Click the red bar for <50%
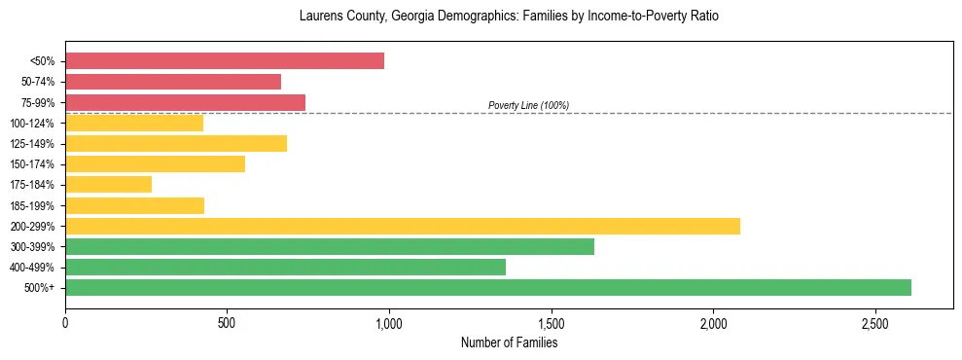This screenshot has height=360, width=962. pyautogui.click(x=224, y=61)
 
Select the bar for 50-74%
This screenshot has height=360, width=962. pyautogui.click(x=173, y=82)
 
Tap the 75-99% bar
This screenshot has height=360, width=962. pyautogui.click(x=185, y=102)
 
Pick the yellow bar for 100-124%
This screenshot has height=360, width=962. pyautogui.click(x=134, y=123)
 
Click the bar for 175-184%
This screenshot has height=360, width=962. pyautogui.click(x=108, y=184)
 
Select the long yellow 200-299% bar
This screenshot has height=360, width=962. pyautogui.click(x=403, y=226)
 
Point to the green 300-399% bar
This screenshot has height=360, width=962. pyautogui.click(x=330, y=246)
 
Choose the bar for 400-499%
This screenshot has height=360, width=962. pyautogui.click(x=285, y=267)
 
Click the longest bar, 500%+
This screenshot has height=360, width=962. pyautogui.click(x=488, y=287)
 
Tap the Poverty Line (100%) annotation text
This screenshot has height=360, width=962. pyautogui.click(x=528, y=105)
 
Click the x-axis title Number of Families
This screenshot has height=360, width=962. pyautogui.click(x=509, y=342)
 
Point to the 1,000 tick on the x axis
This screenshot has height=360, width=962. pyautogui.click(x=389, y=323)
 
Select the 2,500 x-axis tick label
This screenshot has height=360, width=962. pyautogui.click(x=874, y=323)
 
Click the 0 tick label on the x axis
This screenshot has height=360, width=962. pyautogui.click(x=65, y=323)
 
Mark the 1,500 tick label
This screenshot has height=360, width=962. pyautogui.click(x=551, y=323)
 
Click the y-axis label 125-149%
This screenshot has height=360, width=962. pyautogui.click(x=32, y=144)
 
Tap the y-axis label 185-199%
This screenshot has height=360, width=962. pyautogui.click(x=32, y=205)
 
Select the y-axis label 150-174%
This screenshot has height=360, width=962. pyautogui.click(x=32, y=164)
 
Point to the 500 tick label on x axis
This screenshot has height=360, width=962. pyautogui.click(x=227, y=323)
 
